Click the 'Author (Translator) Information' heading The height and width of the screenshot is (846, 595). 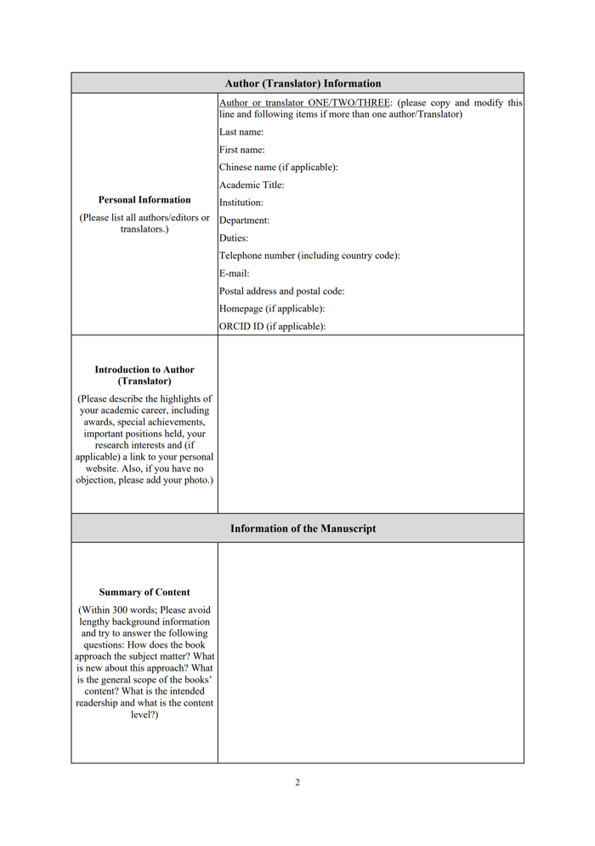coord(303,83)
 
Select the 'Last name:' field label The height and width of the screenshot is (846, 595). coord(241,132)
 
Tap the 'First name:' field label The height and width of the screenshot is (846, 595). coord(242,150)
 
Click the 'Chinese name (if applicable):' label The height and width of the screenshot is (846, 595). coord(279,167)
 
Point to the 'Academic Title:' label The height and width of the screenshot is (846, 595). coord(252,185)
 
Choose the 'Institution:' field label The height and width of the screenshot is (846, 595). coord(241,203)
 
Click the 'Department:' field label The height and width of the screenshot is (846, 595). coord(245,220)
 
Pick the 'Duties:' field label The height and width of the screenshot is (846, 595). coord(234,238)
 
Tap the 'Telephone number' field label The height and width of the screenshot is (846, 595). coord(309,255)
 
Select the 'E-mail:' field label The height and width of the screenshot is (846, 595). coord(235,273)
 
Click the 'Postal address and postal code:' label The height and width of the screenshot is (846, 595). coord(282,291)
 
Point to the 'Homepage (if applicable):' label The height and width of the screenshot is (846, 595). coord(272,309)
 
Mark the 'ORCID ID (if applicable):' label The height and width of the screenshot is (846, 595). coord(272,326)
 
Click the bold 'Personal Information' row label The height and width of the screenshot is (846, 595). coord(144,200)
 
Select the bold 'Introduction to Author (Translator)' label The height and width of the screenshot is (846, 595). coord(144,375)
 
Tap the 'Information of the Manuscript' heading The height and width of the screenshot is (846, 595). coord(303,529)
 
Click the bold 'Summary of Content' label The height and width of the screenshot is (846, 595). coord(144,592)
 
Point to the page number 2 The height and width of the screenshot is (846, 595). coord(297,782)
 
